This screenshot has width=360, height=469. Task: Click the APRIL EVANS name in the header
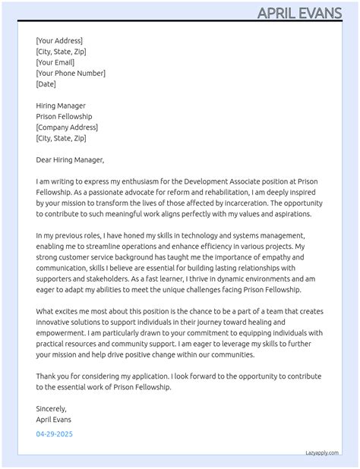pos(304,12)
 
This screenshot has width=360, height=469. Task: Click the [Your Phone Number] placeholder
pos(71,73)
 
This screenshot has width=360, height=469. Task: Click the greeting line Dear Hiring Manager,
pos(70,160)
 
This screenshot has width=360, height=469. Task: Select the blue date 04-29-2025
pos(55,434)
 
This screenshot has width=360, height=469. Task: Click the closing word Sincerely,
pos(52,408)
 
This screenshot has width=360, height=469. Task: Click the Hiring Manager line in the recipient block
pos(61,105)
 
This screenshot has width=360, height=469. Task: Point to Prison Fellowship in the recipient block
pos(64,117)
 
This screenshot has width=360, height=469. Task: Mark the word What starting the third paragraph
pos(46,312)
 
